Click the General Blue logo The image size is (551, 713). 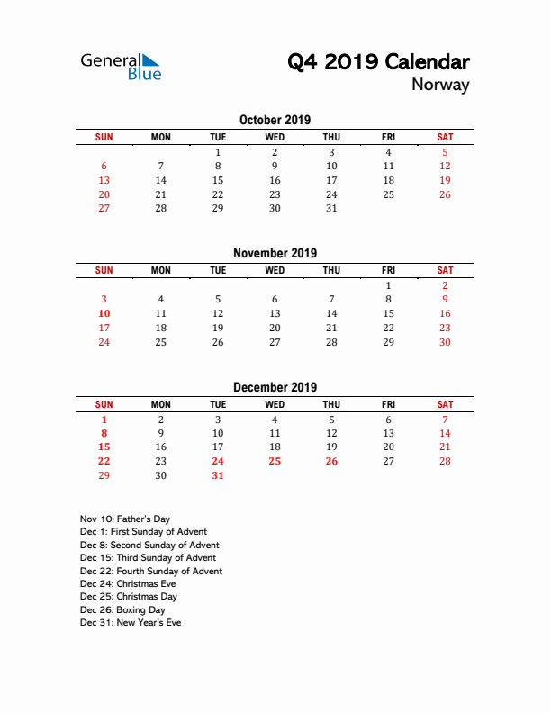pyautogui.click(x=121, y=67)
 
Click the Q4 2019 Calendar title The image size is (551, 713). pyautogui.click(x=378, y=62)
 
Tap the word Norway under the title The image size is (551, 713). pyautogui.click(x=440, y=86)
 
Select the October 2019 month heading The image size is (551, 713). pyautogui.click(x=275, y=120)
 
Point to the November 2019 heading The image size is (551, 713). pyautogui.click(x=275, y=253)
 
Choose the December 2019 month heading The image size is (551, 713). pyautogui.click(x=275, y=387)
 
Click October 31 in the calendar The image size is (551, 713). pyautogui.click(x=331, y=208)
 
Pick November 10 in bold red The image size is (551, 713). pyautogui.click(x=104, y=313)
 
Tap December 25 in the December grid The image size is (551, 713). pyautogui.click(x=275, y=461)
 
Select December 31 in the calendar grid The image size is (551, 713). pyautogui.click(x=218, y=475)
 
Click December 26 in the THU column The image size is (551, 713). pyautogui.click(x=331, y=461)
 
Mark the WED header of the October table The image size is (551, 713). pyautogui.click(x=275, y=137)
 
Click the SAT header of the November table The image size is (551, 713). pyautogui.click(x=445, y=270)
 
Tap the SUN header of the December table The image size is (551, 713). pyautogui.click(x=104, y=404)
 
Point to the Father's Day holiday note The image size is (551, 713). pyautogui.click(x=124, y=519)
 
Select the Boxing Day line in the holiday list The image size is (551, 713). pyautogui.click(x=122, y=609)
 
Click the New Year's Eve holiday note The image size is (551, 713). pyautogui.click(x=131, y=622)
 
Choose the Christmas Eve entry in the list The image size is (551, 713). pyautogui.click(x=128, y=583)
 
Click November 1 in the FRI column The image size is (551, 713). pyautogui.click(x=388, y=285)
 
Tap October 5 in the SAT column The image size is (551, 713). pyautogui.click(x=445, y=152)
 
